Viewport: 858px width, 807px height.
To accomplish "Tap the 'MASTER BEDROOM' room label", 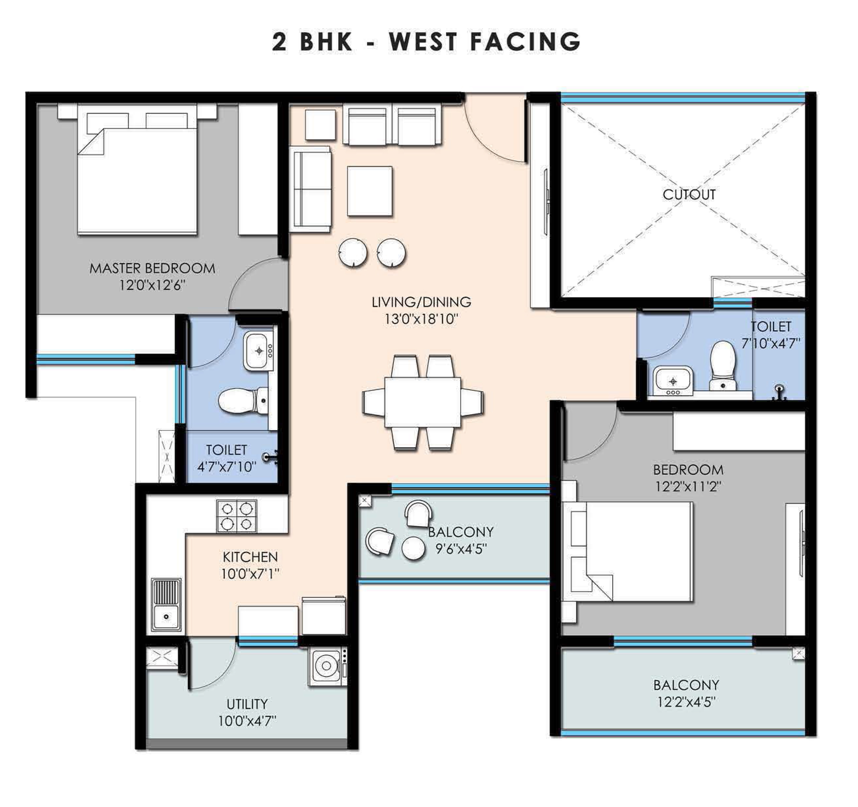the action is click(152, 268).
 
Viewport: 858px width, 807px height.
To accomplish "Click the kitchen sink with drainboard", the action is click(166, 605).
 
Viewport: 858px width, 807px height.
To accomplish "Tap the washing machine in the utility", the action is click(328, 667).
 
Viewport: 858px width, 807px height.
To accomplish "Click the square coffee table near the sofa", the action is click(370, 191).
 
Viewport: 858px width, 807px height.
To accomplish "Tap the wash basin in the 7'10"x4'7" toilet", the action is click(673, 381).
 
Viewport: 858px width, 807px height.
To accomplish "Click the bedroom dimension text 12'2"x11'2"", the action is click(688, 487).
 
